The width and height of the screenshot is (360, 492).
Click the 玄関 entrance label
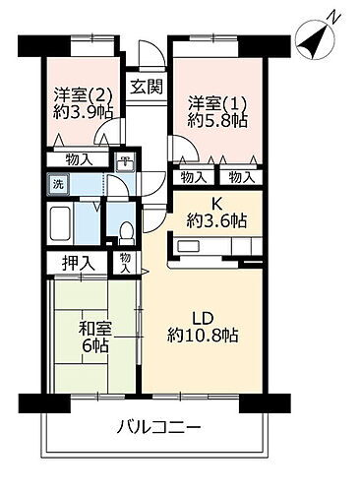tap(145, 85)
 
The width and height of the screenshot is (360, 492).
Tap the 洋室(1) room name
tap(213, 101)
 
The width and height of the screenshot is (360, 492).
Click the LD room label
tap(203, 318)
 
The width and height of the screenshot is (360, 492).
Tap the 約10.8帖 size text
tap(204, 336)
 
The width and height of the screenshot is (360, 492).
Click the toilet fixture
tap(126, 231)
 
